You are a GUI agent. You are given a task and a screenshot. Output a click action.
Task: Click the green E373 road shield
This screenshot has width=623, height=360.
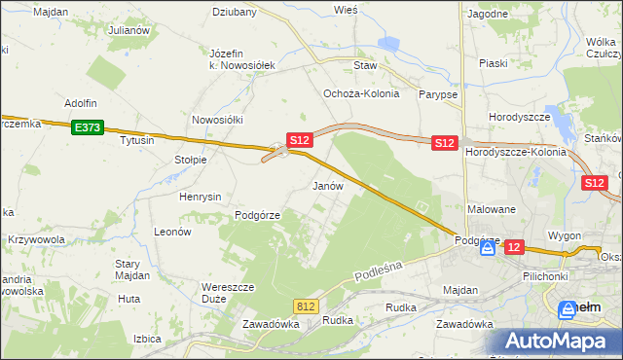click(87, 126)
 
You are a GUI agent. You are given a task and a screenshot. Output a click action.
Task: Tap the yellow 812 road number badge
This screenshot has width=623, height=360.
click(307, 306)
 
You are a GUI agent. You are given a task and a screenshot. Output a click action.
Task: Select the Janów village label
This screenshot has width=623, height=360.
click(327, 185)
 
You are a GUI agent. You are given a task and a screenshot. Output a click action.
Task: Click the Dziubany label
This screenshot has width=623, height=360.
click(235, 13)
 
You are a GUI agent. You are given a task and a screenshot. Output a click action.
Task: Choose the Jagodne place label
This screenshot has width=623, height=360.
click(488, 14)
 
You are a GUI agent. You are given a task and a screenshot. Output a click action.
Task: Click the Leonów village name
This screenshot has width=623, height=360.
click(172, 233)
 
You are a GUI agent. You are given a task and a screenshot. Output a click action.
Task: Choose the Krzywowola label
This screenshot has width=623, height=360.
click(36, 239)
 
